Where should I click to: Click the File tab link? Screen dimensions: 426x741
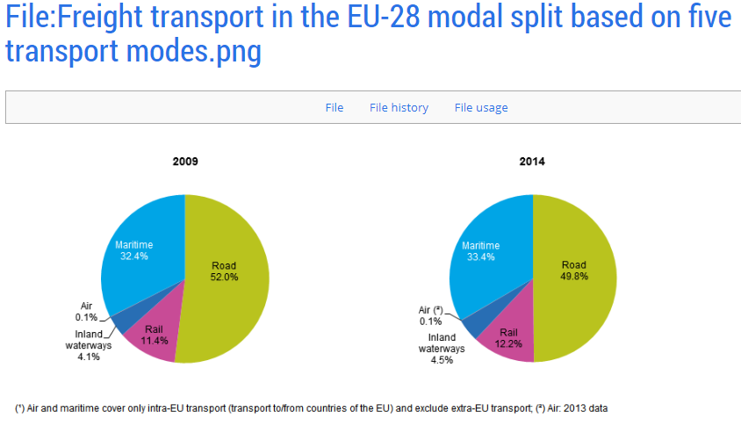click(x=334, y=108)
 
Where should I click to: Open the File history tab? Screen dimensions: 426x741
click(x=399, y=108)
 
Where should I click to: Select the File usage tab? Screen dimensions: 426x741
click(x=481, y=108)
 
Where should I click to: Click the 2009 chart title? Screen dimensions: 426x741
click(x=185, y=162)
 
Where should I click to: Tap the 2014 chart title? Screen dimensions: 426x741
click(x=532, y=162)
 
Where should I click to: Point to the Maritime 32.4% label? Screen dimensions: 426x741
click(x=133, y=249)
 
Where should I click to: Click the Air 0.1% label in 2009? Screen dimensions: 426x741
click(x=86, y=311)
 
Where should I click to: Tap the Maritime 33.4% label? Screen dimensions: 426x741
click(x=480, y=251)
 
